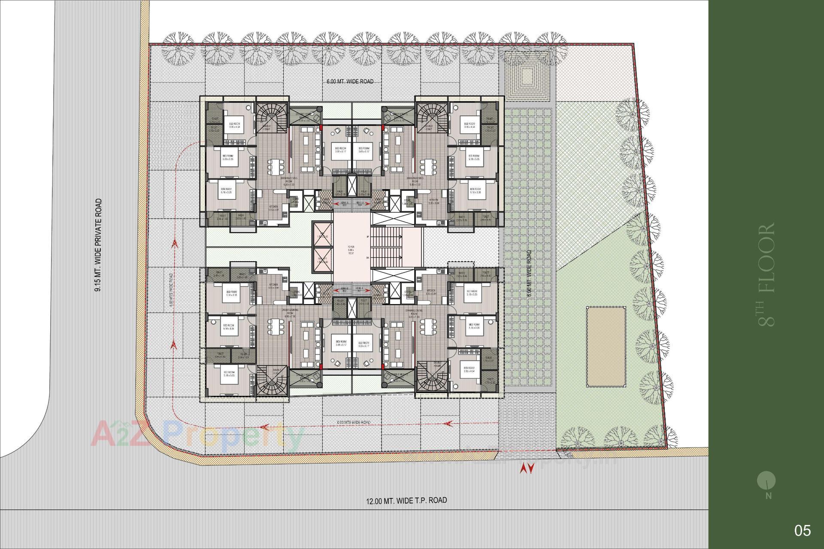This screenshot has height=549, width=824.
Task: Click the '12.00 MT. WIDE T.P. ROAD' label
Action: pos(406,501)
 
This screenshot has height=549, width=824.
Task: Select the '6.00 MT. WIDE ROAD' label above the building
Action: pos(348,81)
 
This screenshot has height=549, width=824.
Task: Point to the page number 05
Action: pos(803,531)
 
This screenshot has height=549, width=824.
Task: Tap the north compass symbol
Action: pos(766,480)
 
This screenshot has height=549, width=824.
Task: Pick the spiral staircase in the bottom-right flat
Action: pos(431,377)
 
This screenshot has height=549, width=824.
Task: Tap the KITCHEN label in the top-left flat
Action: pos(273,207)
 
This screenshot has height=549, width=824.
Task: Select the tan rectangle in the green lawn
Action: pos(606,347)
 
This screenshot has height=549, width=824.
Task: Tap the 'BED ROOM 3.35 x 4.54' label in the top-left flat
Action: pos(234,125)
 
